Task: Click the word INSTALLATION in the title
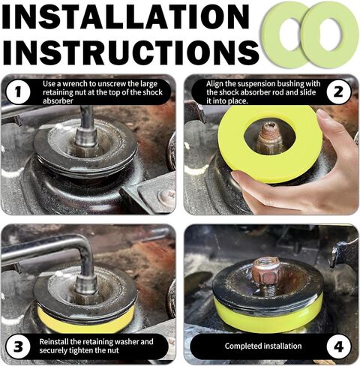click(x=126, y=16)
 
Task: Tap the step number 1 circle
click(x=18, y=92)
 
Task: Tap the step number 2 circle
click(x=338, y=92)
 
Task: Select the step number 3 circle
click(x=18, y=346)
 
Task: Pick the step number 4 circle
click(x=338, y=346)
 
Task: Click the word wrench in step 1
click(x=79, y=84)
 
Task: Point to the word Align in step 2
click(x=215, y=84)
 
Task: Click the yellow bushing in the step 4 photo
click(x=268, y=313)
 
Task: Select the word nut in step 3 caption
click(x=113, y=350)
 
